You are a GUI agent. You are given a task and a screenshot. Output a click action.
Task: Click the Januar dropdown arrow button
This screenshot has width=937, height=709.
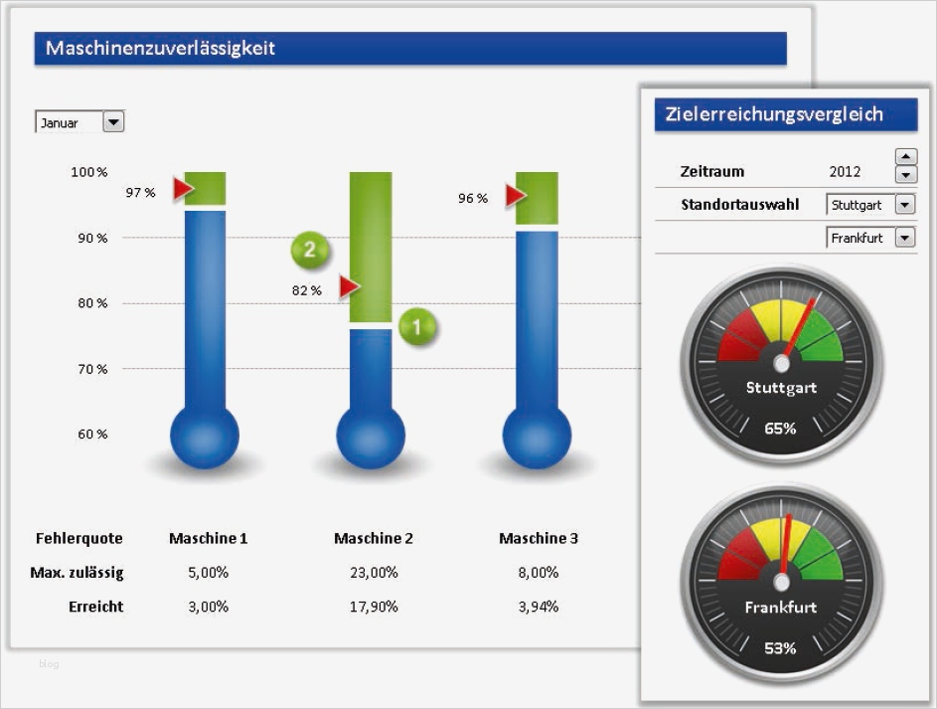(113, 122)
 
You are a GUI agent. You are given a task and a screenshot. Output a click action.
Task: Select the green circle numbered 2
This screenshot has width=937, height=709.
(309, 250)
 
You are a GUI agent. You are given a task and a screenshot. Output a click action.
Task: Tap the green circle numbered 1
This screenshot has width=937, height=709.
(417, 326)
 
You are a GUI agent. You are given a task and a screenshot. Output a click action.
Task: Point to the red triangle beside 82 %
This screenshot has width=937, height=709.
(348, 287)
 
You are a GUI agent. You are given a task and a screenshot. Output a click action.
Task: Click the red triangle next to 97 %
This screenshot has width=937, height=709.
(183, 189)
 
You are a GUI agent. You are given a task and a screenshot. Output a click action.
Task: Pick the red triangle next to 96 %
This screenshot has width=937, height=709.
(515, 196)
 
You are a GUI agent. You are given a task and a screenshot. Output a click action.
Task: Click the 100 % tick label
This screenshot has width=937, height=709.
(89, 172)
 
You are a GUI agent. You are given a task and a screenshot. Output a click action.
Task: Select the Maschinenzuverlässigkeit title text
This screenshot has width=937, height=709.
(160, 48)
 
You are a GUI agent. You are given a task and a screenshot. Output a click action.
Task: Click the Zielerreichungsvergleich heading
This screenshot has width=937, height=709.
(775, 114)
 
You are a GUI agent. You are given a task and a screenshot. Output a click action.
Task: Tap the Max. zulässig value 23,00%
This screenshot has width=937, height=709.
(376, 573)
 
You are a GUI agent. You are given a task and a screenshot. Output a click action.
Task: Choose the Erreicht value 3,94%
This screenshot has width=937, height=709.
(538, 607)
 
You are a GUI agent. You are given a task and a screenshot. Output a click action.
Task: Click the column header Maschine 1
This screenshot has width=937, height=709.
(208, 539)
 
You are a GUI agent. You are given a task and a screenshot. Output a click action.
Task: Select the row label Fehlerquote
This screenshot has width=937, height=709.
(79, 539)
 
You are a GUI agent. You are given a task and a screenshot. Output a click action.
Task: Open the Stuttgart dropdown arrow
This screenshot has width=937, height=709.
(904, 205)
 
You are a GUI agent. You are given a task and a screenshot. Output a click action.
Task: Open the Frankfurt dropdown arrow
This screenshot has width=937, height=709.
(904, 238)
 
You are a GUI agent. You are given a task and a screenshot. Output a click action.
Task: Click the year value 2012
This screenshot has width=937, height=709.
(845, 172)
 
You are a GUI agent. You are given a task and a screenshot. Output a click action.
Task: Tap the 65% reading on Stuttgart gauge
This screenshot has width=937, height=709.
(780, 429)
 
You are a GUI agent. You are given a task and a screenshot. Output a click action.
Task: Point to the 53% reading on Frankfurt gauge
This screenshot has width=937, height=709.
(780, 648)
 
